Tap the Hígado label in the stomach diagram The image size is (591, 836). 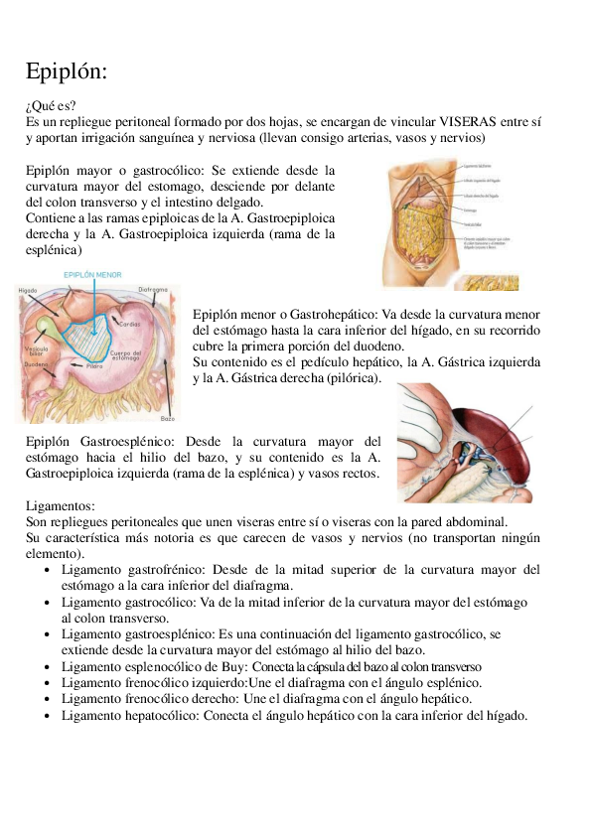[x=29, y=290]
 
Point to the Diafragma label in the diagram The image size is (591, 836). [x=153, y=290]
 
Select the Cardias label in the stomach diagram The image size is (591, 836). [x=130, y=323]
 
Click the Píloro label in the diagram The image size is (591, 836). [x=95, y=366]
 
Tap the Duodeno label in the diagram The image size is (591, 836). [x=37, y=364]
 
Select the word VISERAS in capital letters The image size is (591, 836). [x=472, y=121]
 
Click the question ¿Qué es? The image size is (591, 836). [x=51, y=105]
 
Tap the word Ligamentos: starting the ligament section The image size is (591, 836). [x=61, y=504]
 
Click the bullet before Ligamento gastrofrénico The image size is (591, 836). [x=49, y=570]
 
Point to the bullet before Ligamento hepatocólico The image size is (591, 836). [x=49, y=716]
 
